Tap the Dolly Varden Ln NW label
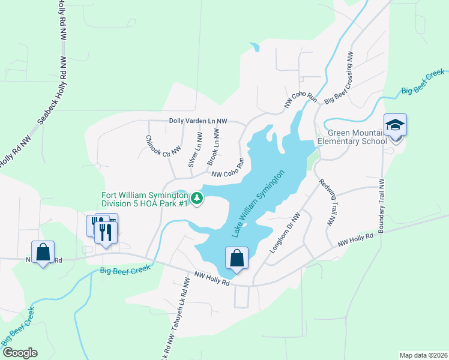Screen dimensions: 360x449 point(198,121)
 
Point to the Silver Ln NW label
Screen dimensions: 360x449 point(193,150)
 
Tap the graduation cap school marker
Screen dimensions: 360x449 point(395,125)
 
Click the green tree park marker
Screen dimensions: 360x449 point(196,197)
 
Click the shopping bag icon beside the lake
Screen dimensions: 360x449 point(237,258)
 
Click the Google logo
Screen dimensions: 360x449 point(20,353)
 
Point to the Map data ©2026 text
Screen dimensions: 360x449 point(423,355)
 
